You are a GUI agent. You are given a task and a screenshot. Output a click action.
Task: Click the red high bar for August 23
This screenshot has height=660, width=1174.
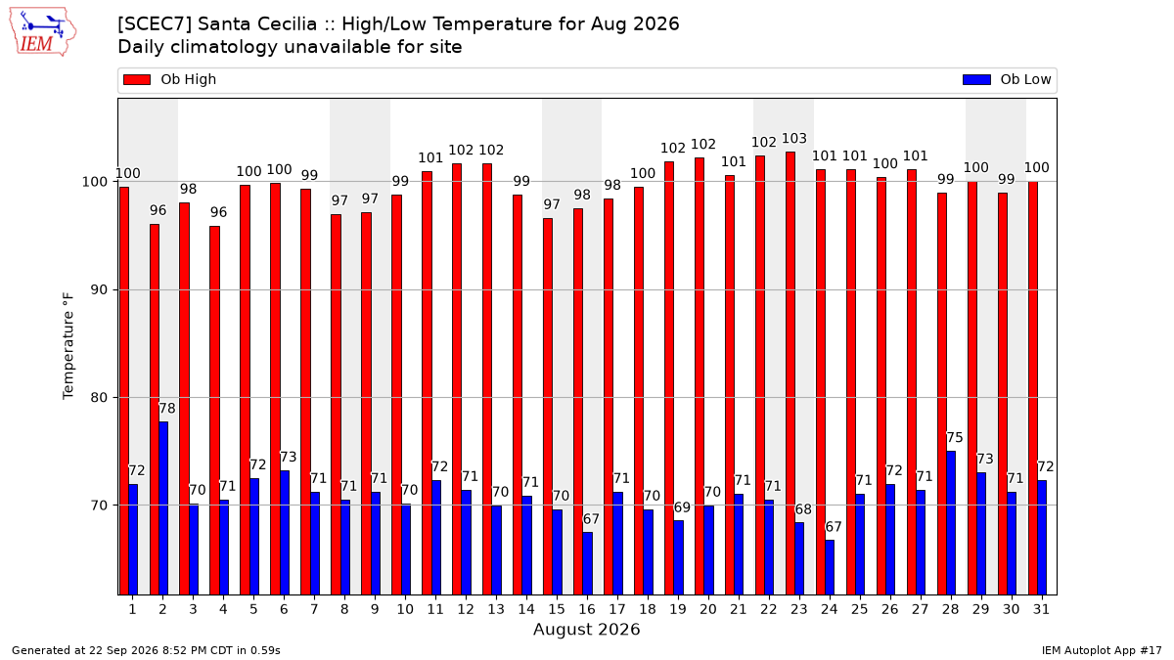tap(790, 374)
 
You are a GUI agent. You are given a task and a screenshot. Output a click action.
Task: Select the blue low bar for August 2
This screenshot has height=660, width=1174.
tap(163, 508)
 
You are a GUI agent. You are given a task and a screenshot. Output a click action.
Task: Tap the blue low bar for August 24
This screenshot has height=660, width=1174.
tap(830, 567)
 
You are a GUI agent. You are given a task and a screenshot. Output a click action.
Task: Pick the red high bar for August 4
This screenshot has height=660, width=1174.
tap(215, 411)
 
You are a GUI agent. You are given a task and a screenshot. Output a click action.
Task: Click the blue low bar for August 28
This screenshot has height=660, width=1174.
tap(951, 523)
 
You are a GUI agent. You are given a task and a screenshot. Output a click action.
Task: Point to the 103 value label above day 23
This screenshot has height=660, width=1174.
tap(794, 138)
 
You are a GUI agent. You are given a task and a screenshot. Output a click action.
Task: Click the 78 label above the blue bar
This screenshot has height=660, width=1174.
tap(167, 408)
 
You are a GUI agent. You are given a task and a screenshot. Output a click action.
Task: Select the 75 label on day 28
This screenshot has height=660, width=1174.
tap(955, 437)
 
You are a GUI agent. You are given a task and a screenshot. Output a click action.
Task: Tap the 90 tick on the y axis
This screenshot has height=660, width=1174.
tap(99, 289)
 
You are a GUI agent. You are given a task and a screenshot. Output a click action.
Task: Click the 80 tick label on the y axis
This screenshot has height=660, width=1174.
tap(99, 398)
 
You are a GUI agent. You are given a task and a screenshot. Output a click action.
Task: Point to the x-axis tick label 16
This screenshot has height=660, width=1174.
tap(586, 609)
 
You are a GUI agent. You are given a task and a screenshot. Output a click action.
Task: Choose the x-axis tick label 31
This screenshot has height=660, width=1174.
tap(1041, 609)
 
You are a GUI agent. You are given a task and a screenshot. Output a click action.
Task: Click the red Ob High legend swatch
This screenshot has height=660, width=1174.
tap(137, 79)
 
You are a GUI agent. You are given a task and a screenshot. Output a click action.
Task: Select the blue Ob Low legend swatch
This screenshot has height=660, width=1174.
tap(977, 79)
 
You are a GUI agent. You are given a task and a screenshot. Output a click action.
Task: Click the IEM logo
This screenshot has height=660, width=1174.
tap(42, 32)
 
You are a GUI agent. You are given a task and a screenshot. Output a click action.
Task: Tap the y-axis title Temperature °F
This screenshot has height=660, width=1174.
tap(68, 346)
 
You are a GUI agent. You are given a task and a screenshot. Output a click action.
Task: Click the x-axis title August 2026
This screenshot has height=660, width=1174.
tap(586, 629)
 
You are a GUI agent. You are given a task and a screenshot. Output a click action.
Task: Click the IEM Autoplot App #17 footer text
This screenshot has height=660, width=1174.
tap(1102, 650)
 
